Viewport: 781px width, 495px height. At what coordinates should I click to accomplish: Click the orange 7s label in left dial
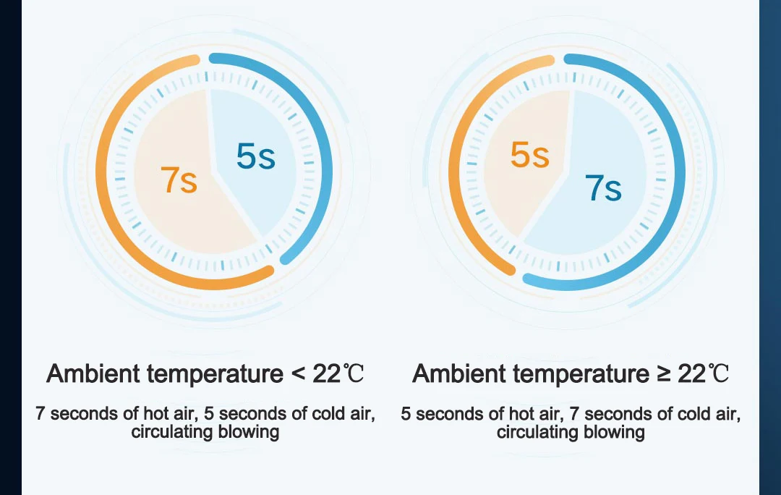[179, 180]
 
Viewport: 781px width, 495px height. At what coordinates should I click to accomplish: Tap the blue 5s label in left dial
[255, 156]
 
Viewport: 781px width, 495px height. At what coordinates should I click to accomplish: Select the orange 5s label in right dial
[530, 155]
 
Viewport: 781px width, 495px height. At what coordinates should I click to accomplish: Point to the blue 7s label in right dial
[603, 188]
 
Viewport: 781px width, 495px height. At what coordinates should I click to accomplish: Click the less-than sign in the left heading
[298, 374]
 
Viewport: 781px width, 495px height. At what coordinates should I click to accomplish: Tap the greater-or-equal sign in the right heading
[663, 373]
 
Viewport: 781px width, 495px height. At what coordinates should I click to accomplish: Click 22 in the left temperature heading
[327, 374]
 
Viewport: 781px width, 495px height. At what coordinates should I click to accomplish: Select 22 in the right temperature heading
[692, 374]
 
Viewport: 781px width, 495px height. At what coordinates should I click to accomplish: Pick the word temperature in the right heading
[581, 374]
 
